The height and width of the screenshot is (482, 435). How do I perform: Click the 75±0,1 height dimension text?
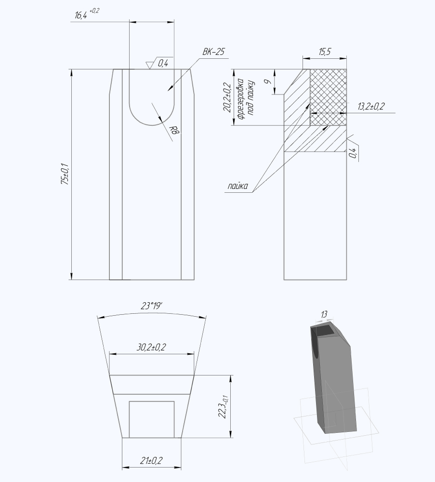click(66, 174)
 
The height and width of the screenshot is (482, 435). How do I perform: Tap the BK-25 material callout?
click(213, 52)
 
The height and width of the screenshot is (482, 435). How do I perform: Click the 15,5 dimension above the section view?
click(324, 52)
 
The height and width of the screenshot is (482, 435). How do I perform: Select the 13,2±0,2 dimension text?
click(371, 107)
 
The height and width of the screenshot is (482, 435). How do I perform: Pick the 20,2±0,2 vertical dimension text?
click(228, 97)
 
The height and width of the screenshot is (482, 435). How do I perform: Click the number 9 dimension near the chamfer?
click(267, 81)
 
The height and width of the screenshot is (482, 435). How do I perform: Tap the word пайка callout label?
click(238, 186)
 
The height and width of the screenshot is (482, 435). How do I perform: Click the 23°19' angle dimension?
click(151, 306)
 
